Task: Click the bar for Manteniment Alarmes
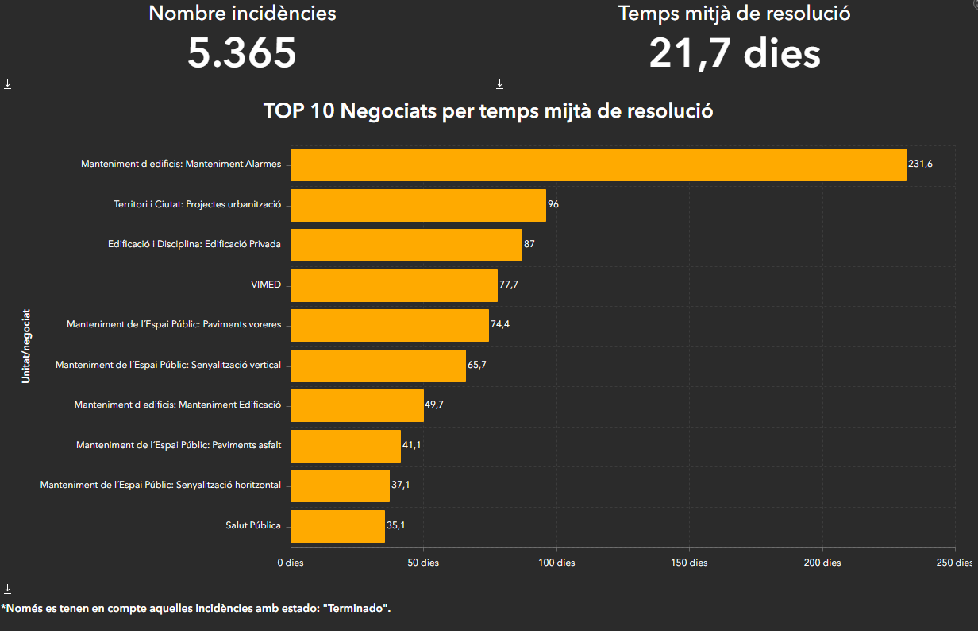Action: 598,165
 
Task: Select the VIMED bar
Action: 394,285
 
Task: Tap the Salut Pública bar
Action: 337,526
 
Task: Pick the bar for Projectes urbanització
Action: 418,205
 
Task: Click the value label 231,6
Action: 920,165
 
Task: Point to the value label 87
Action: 529,245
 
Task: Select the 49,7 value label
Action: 434,405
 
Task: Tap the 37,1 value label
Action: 400,486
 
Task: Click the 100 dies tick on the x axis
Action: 556,563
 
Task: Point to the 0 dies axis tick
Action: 291,563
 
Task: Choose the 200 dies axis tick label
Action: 822,563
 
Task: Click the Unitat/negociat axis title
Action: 26,346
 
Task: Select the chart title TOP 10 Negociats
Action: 488,111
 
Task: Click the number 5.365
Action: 242,53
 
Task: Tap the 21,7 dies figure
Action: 734,53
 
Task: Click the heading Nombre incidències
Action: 242,14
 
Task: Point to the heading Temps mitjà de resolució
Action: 734,14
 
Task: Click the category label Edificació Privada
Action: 243,245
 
